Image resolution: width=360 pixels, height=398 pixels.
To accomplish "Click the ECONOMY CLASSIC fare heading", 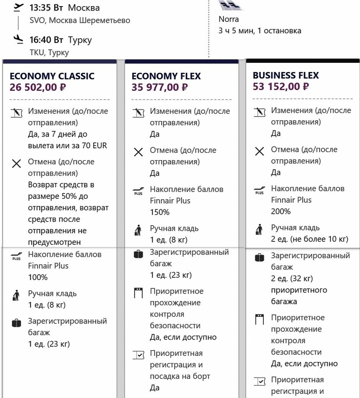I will click(x=52, y=76).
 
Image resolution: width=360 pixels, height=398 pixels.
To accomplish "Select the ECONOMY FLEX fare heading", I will click(x=166, y=76).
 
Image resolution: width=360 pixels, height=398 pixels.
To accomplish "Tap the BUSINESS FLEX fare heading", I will click(x=286, y=75).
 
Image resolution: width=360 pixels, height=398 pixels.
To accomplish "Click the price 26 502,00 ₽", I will click(x=38, y=87).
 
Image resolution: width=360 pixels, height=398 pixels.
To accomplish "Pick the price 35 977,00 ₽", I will click(x=160, y=87).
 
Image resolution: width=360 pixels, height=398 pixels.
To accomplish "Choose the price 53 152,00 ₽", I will click(x=281, y=86).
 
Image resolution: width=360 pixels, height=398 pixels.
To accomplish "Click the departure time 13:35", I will click(x=40, y=8).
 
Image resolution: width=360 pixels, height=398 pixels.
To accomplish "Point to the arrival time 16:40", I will click(x=40, y=40).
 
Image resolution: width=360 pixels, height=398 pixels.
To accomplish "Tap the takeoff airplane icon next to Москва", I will click(x=18, y=7).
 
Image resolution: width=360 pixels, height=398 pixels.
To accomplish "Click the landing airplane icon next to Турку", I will click(x=18, y=39).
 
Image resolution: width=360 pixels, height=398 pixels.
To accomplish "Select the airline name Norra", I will click(x=229, y=19).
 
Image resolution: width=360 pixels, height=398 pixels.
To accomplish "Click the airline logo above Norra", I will click(x=230, y=6).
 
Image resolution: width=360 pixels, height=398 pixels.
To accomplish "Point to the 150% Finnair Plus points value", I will click(x=160, y=212).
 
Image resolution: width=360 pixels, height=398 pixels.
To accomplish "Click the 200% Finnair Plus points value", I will click(x=281, y=212).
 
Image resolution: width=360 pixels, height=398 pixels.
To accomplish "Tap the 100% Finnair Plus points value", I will click(x=38, y=277).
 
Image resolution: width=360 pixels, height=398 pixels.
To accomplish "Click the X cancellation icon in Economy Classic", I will click(x=17, y=164).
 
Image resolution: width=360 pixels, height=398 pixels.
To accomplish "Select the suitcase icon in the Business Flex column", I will click(x=259, y=258).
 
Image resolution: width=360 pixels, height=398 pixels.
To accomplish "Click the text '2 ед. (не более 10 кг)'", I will click(x=309, y=239).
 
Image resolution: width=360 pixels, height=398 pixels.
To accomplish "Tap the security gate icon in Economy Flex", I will click(x=138, y=293).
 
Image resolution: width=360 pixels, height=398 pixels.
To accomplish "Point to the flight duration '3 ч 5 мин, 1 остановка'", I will click(x=260, y=31).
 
